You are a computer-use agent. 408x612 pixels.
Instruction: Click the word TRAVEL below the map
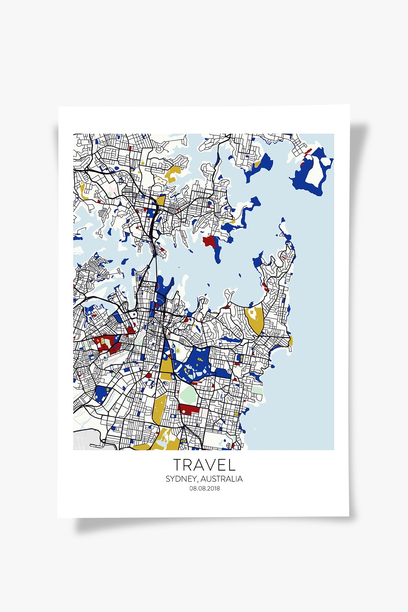pos(204,464)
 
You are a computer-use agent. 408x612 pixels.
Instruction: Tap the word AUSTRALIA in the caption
pos(222,479)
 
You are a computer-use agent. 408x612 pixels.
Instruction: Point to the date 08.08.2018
pos(205,489)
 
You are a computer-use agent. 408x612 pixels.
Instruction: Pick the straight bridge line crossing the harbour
pos(157,272)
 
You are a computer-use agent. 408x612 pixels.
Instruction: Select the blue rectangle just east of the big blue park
pos(223,373)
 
